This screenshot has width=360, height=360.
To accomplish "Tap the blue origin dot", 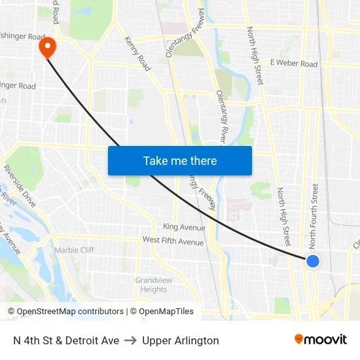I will tap(313, 261).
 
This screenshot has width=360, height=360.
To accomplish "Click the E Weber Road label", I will tap(293, 63).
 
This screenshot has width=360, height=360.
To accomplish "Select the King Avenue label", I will tap(184, 228).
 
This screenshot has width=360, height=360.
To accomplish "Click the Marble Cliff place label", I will tap(74, 250).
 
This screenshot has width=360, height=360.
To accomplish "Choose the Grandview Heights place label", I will tap(154, 285).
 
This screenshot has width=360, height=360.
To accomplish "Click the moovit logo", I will tap(320, 340).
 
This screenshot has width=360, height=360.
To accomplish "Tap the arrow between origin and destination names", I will tap(130, 340).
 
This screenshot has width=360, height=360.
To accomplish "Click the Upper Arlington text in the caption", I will tap(181, 340).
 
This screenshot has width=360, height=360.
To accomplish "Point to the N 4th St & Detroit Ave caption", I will tap(65, 340).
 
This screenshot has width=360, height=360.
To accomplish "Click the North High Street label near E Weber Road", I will tap(255, 55).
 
